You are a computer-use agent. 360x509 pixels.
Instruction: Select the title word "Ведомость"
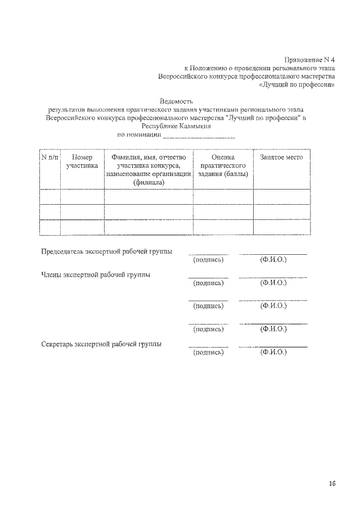[177, 101]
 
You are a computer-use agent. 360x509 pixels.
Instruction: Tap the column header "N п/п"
[49, 157]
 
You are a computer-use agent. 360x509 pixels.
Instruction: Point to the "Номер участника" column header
[82, 161]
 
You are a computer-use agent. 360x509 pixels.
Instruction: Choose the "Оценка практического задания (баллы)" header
[223, 165]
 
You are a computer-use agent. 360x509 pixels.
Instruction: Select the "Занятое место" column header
[281, 157]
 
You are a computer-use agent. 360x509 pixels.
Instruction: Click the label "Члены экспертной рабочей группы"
[95, 275]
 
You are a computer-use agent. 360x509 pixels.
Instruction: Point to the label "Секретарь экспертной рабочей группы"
[102, 344]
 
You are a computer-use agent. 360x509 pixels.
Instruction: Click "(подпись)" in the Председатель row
[208, 260]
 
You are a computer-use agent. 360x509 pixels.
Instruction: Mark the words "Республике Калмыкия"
[177, 127]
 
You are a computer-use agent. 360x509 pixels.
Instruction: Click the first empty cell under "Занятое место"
[281, 196]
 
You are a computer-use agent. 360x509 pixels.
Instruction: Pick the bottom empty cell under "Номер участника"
[82, 227]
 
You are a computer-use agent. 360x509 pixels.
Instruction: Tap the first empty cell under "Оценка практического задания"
[223, 196]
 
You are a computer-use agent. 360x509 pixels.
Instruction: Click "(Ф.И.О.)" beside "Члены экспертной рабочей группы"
[273, 283]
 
